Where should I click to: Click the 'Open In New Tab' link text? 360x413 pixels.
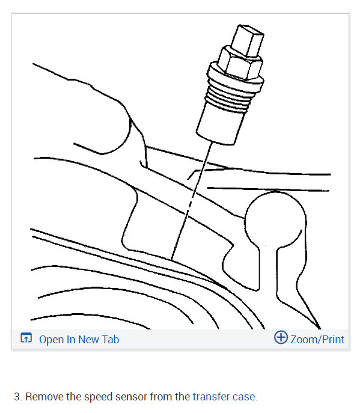tap(79, 340)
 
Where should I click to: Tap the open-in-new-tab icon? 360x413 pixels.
tap(26, 339)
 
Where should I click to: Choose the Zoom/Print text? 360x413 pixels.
tap(317, 340)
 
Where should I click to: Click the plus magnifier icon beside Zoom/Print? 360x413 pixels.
tap(280, 338)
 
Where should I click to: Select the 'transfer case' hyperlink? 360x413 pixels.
tap(224, 397)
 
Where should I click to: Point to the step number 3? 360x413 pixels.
tap(17, 397)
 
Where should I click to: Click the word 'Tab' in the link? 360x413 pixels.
tap(110, 340)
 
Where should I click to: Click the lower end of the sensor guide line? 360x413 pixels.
tap(172, 257)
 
